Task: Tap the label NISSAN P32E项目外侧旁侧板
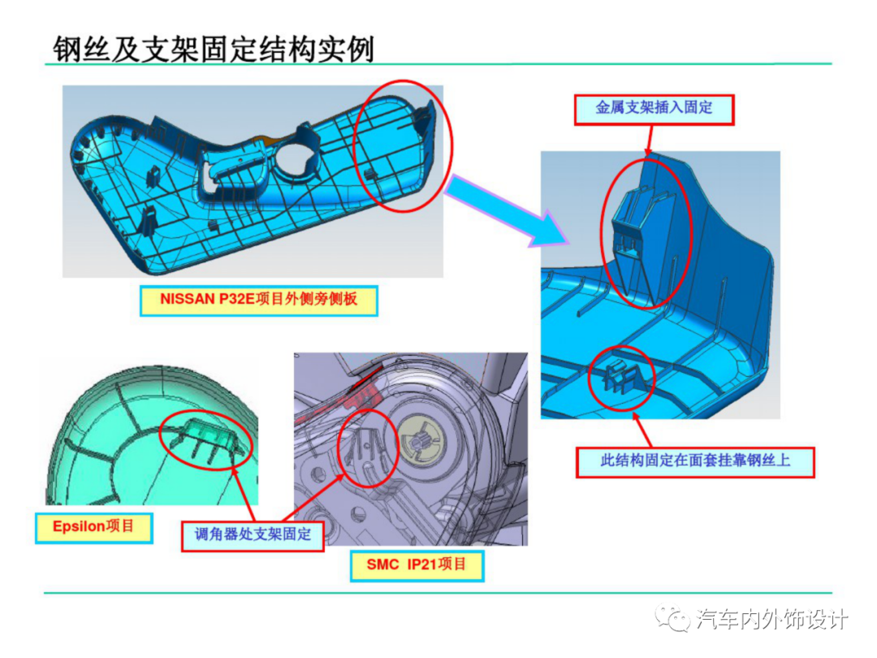point(259,301)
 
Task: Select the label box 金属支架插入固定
point(654,107)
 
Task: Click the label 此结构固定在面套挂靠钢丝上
point(695,461)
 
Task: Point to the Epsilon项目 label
point(93,526)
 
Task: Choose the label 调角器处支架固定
point(253,535)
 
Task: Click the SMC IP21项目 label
point(417,564)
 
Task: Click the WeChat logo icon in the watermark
point(675,620)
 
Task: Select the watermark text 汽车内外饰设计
point(772,620)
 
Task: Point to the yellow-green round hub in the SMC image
point(420,440)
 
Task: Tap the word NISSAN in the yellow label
point(186,301)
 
